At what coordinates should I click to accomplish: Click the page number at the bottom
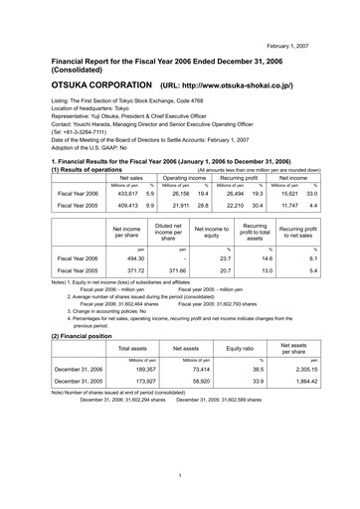click(x=180, y=476)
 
